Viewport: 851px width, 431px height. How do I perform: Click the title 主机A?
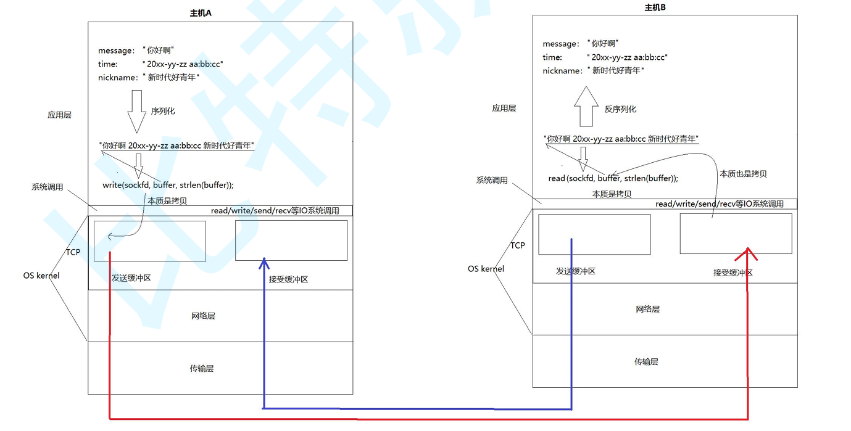[201, 13]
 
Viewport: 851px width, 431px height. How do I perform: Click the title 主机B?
[655, 7]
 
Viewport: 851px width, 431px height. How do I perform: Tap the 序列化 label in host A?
[163, 111]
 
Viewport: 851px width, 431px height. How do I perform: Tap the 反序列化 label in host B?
[620, 109]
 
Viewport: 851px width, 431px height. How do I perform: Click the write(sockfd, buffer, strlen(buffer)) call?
[168, 185]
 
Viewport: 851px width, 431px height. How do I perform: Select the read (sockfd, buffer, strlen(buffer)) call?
[613, 178]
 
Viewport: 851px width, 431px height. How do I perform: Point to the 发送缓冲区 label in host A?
[131, 278]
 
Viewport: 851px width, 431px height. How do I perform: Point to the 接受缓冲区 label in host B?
[733, 273]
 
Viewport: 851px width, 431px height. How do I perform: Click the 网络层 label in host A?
[203, 316]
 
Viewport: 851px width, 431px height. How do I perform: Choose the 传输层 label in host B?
[646, 362]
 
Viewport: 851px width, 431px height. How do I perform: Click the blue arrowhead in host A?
[264, 263]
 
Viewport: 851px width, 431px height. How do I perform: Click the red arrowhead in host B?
[748, 253]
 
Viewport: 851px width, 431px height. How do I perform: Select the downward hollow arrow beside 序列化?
[136, 111]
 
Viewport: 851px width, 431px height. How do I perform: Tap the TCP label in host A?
[73, 252]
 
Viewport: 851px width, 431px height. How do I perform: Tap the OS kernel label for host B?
[486, 269]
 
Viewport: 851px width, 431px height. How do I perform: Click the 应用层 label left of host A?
[59, 115]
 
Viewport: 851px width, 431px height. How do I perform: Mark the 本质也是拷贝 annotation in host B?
[743, 174]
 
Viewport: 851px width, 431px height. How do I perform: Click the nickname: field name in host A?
[117, 78]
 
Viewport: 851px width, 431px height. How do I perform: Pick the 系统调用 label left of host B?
[492, 181]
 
